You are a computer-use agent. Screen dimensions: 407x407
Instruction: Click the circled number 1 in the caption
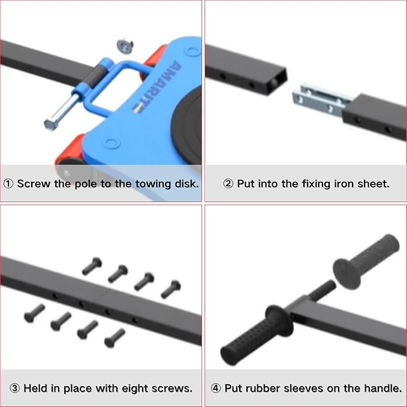click(x=8, y=184)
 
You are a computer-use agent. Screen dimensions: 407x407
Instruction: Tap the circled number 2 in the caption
click(x=228, y=184)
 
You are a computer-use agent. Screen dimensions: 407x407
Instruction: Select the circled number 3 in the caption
click(x=15, y=388)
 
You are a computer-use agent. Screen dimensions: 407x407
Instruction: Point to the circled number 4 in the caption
click(x=216, y=388)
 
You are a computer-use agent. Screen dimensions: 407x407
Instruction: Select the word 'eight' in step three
click(x=135, y=389)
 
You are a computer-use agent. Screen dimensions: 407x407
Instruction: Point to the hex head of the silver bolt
click(x=50, y=125)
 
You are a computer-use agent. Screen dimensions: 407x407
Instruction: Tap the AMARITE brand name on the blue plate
click(x=156, y=87)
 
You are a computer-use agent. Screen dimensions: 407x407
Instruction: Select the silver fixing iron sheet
click(x=322, y=101)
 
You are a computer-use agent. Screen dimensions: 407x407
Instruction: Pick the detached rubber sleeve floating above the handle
click(x=366, y=261)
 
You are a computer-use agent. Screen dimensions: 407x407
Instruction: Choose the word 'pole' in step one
click(x=86, y=184)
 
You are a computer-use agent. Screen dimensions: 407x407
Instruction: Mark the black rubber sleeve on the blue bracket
click(x=95, y=76)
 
